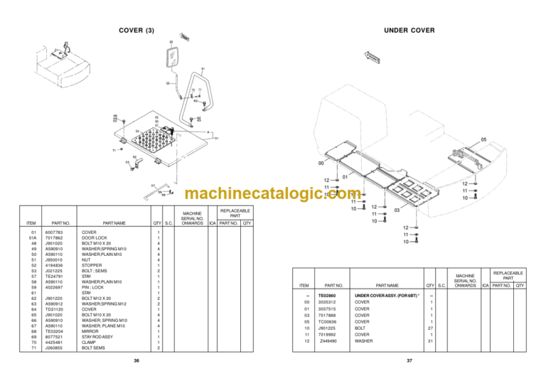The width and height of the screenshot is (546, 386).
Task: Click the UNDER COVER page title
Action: coord(409,30)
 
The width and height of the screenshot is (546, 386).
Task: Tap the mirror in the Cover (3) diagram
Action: coord(173,57)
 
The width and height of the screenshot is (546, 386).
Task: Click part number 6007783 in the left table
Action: coord(54,232)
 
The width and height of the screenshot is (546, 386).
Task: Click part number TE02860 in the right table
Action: coord(327,294)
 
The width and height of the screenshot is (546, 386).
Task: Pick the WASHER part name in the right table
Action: coord(363,341)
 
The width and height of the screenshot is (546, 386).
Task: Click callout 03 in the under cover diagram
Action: coord(397,211)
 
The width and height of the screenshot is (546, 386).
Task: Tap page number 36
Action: coord(136,361)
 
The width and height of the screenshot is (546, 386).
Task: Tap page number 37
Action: coord(409,361)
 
